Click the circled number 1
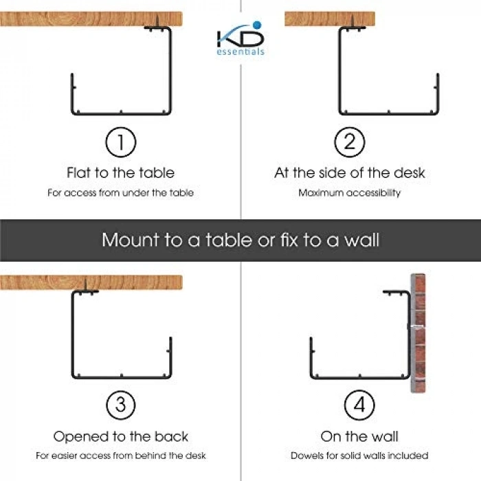point(120,142)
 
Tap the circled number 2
point(349,142)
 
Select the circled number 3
point(120,405)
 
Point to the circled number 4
point(359,405)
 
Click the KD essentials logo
point(240,38)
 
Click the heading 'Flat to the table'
point(120,172)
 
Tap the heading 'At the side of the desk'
point(350,172)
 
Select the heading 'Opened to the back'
point(120,436)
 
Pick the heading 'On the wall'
point(359,436)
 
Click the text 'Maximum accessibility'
point(350,192)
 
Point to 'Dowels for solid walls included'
point(359,456)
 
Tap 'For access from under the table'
point(120,192)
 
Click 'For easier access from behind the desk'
point(120,456)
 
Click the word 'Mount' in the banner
point(131,240)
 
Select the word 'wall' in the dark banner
point(361,240)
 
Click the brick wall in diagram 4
point(418,333)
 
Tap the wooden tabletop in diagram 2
point(330,19)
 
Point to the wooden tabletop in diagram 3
point(91,282)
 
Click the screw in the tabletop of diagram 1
point(157,22)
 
